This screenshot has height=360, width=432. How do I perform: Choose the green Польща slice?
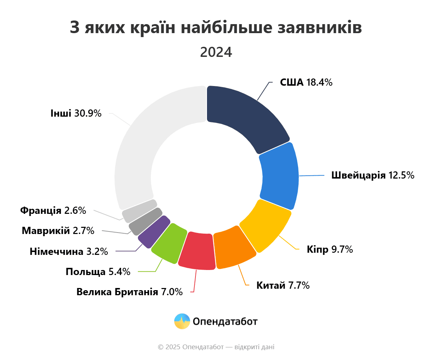168,242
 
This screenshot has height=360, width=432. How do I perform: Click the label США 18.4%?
306,82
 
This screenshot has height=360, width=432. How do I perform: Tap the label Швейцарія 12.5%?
373,176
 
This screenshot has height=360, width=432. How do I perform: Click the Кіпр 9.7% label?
330,249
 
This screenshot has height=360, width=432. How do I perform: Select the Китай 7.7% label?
283,285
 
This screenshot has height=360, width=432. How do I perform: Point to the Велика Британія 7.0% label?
130,292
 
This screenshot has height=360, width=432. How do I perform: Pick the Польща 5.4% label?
98,272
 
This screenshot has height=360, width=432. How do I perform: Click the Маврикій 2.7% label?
58,230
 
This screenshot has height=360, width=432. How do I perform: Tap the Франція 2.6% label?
53,211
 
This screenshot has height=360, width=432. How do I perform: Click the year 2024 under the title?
216,52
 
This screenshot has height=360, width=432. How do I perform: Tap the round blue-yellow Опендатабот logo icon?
182,321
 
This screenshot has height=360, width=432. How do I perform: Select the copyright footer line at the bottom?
216,347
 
